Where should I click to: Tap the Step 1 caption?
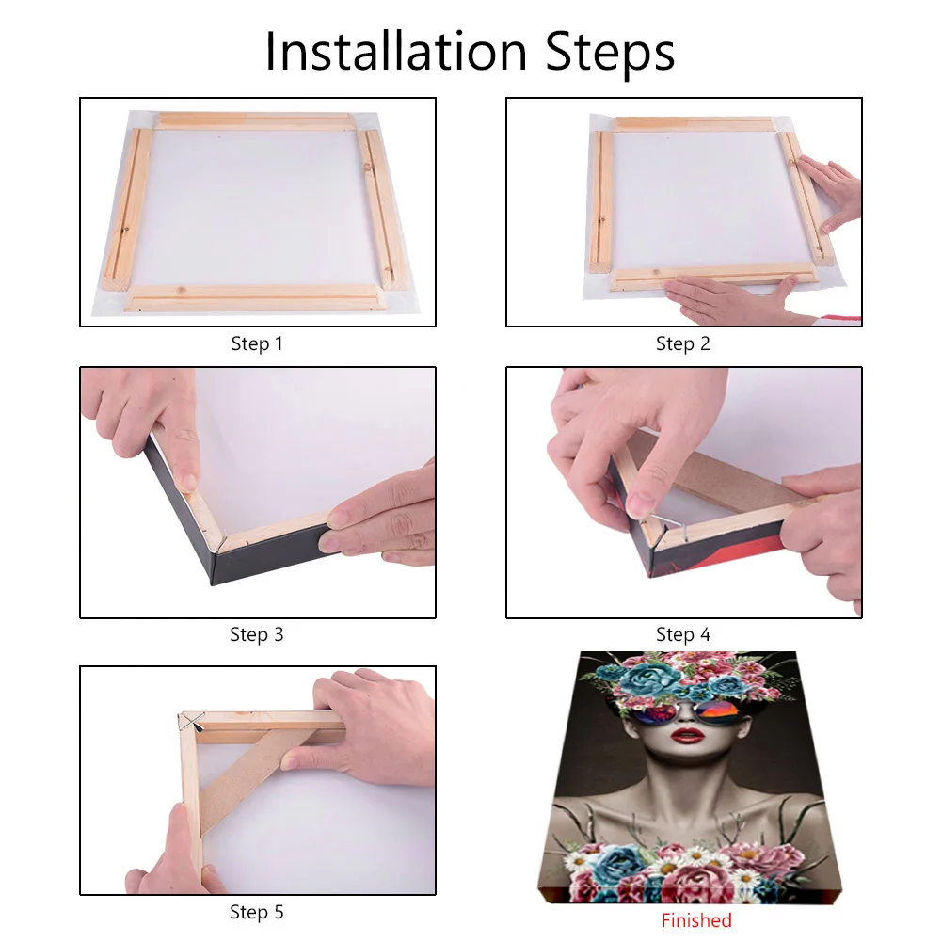[257, 344]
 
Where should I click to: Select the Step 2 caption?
[683, 344]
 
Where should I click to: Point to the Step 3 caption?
[257, 635]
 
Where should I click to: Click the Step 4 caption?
[683, 635]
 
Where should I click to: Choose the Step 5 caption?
[257, 912]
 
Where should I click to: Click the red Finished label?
[696, 920]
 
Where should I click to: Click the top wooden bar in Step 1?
[254, 121]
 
